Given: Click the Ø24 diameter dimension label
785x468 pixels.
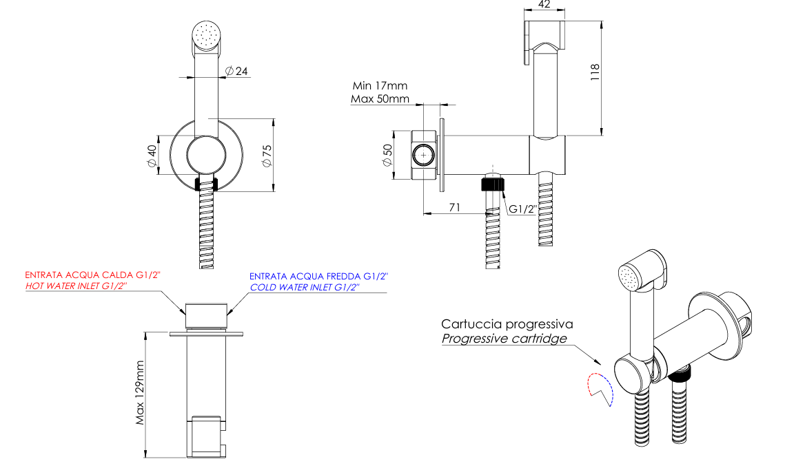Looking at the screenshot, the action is click(x=236, y=71).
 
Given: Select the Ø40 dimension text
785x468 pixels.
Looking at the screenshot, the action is click(x=151, y=156).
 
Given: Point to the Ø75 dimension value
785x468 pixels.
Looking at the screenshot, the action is click(x=267, y=156).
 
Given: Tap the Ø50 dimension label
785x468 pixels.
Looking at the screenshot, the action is click(x=387, y=155).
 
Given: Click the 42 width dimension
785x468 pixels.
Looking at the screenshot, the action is click(x=544, y=5).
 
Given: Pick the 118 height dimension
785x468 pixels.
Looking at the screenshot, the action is click(x=595, y=72).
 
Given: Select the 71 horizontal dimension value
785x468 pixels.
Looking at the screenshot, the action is click(x=455, y=207).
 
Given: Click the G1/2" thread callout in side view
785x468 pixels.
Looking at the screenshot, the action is click(x=523, y=209).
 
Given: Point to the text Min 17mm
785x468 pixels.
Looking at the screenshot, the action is click(x=380, y=85).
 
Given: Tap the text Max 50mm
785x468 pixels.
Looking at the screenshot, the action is click(x=380, y=98).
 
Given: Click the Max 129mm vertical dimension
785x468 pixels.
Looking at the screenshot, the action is click(x=140, y=393).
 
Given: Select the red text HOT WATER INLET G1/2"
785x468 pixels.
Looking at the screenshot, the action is click(x=77, y=286).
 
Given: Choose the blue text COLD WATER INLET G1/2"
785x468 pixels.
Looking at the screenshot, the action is click(x=305, y=288).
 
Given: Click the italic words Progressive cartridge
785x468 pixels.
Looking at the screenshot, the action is click(x=504, y=339).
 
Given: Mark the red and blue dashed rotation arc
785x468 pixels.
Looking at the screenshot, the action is click(x=600, y=389).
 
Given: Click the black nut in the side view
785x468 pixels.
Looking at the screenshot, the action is click(x=492, y=183).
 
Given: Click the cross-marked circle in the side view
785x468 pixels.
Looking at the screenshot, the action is click(x=424, y=156).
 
